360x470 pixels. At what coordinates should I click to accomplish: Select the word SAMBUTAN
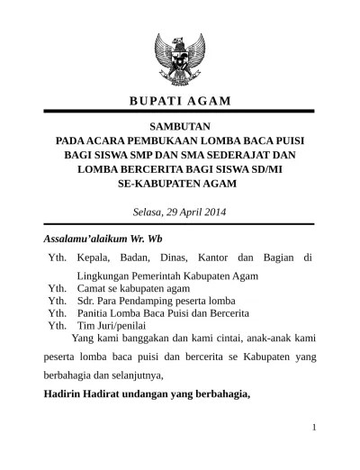point(178,126)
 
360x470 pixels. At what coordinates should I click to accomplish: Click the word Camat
point(94,288)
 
